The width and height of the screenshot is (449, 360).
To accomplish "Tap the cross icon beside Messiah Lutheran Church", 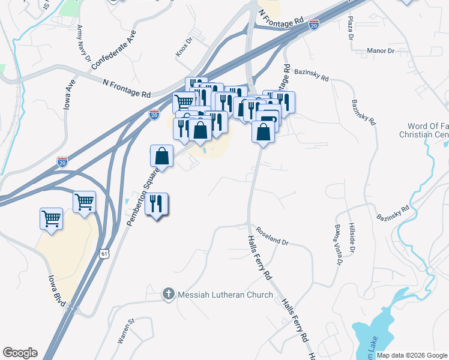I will (x=169, y=295).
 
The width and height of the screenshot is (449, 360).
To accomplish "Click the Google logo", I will (x=20, y=353).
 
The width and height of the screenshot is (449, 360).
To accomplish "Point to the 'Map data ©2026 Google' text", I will (x=412, y=355).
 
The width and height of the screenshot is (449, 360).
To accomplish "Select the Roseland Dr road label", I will (x=273, y=236).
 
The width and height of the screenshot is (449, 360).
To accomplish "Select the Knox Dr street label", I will (x=183, y=47).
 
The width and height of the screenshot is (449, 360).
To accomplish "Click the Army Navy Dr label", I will (x=83, y=44).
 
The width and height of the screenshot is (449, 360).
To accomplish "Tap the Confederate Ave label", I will (x=114, y=52).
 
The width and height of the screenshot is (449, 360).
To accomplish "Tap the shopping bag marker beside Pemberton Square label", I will (x=161, y=156).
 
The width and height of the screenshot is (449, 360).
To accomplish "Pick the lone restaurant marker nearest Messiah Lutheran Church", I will (x=156, y=204).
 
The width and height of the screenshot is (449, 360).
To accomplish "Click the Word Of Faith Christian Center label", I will (x=424, y=130).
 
